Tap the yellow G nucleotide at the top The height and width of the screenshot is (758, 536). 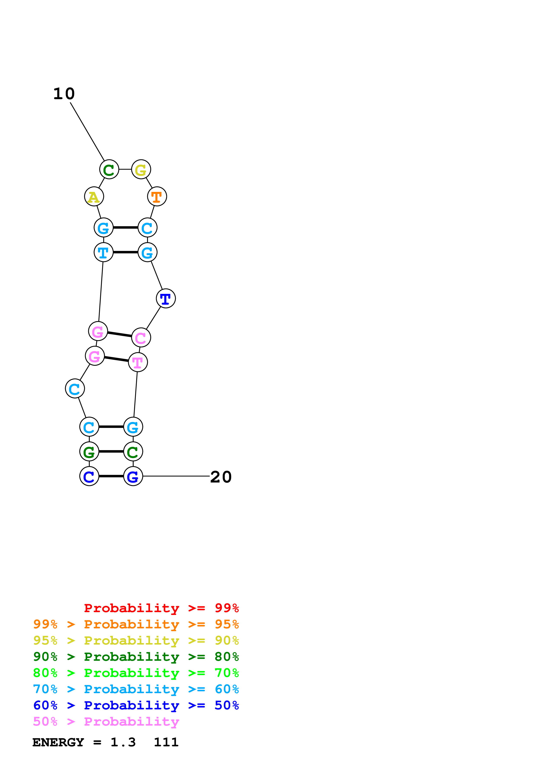click(141, 169)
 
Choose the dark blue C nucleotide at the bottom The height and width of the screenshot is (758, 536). click(89, 476)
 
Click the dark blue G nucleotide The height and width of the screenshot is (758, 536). click(133, 476)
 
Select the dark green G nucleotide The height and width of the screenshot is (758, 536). click(89, 451)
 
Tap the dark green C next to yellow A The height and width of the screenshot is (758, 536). click(109, 169)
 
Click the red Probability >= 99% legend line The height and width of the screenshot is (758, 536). click(161, 608)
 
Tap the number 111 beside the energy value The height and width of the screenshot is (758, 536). click(166, 742)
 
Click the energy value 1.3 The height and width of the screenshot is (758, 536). click(123, 742)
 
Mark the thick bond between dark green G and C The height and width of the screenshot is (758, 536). click(111, 451)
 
